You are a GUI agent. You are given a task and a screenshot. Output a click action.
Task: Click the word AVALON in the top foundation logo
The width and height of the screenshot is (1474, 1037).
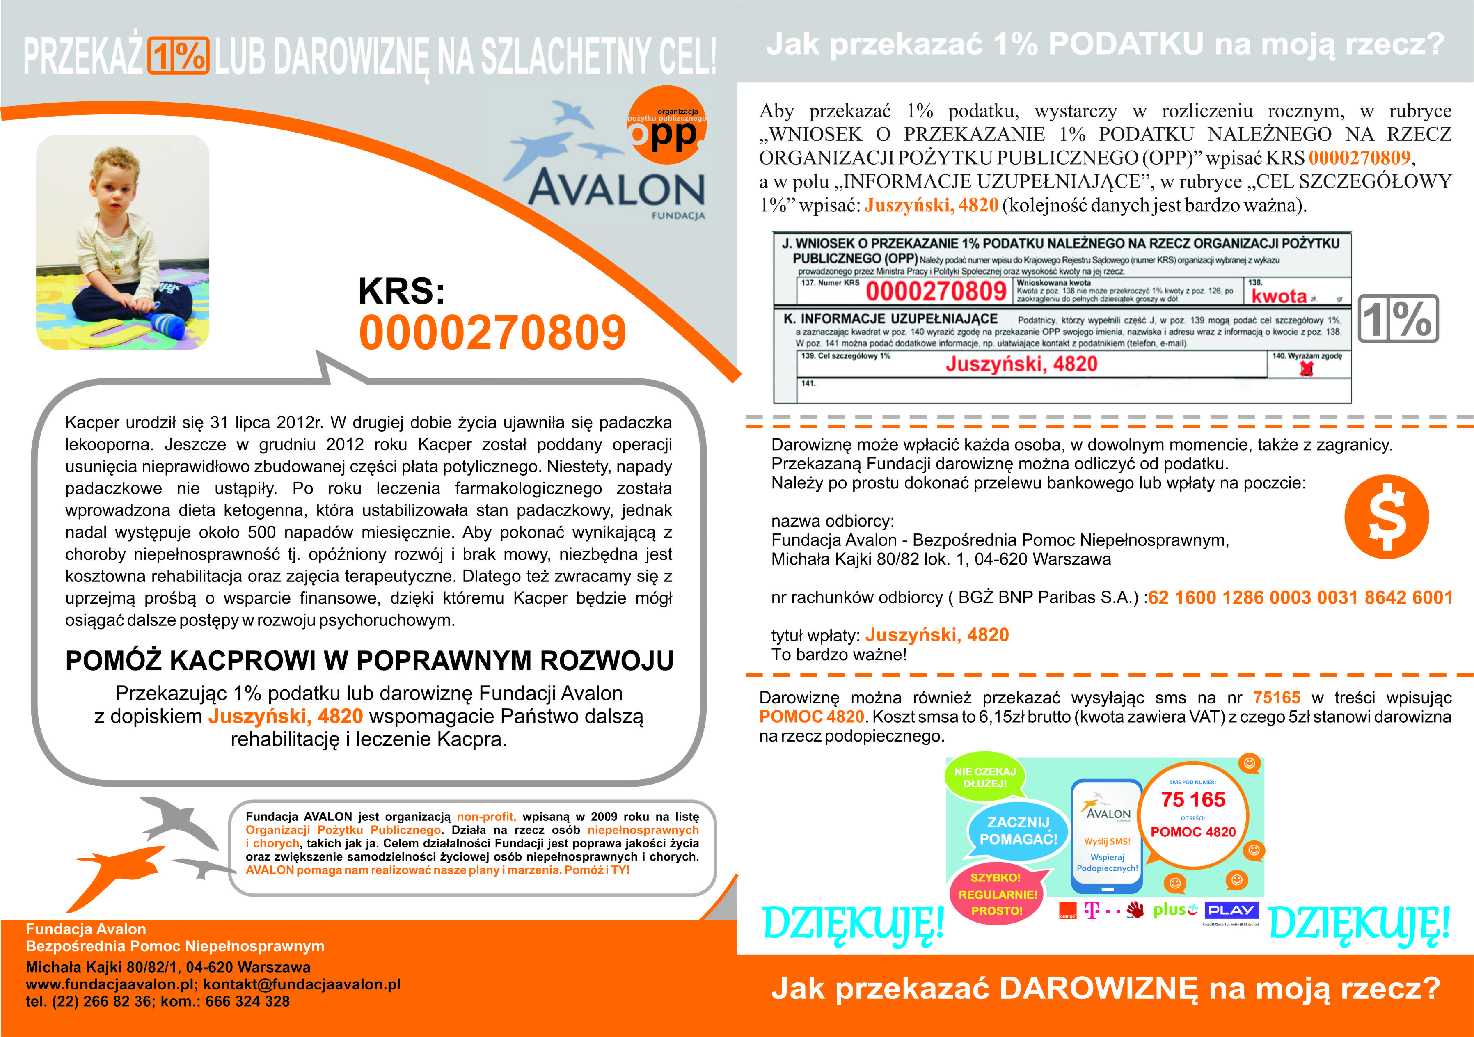(616, 188)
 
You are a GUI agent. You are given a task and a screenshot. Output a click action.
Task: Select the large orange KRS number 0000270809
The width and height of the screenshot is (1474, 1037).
(492, 333)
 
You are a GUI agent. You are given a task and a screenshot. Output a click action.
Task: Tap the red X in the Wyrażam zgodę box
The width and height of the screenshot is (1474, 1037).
(1307, 369)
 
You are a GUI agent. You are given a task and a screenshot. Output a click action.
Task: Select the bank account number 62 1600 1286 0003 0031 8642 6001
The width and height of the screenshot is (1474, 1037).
(1300, 598)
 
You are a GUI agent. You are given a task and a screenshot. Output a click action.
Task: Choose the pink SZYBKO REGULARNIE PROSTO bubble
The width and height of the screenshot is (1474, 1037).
(998, 894)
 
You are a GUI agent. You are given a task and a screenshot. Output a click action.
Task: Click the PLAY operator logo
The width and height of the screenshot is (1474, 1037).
(1231, 910)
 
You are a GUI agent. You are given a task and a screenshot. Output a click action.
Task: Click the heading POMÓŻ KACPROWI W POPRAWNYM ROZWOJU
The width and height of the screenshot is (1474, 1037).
(369, 661)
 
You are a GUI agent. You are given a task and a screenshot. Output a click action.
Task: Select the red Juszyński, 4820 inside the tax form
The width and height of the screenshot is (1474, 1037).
(1021, 364)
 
